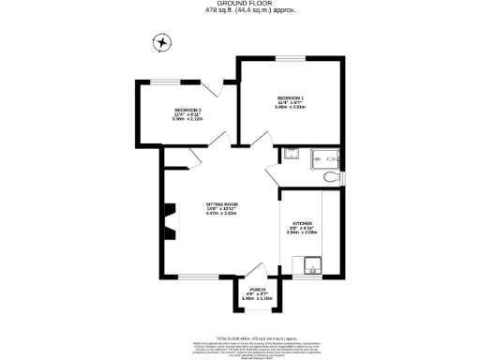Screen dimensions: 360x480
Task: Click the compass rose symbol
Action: pyautogui.click(x=163, y=42)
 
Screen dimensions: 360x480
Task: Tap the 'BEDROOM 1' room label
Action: pyautogui.click(x=290, y=98)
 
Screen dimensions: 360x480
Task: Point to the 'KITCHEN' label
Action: pyautogui.click(x=302, y=223)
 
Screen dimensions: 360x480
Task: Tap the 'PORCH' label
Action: pyautogui.click(x=244, y=290)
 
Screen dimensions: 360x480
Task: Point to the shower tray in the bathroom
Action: pyautogui.click(x=325, y=156)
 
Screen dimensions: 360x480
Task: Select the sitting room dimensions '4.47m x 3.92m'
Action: pyautogui.click(x=223, y=213)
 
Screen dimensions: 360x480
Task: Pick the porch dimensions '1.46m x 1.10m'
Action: pyautogui.click(x=244, y=299)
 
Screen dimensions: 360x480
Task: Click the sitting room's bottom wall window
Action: pyautogui.click(x=198, y=277)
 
